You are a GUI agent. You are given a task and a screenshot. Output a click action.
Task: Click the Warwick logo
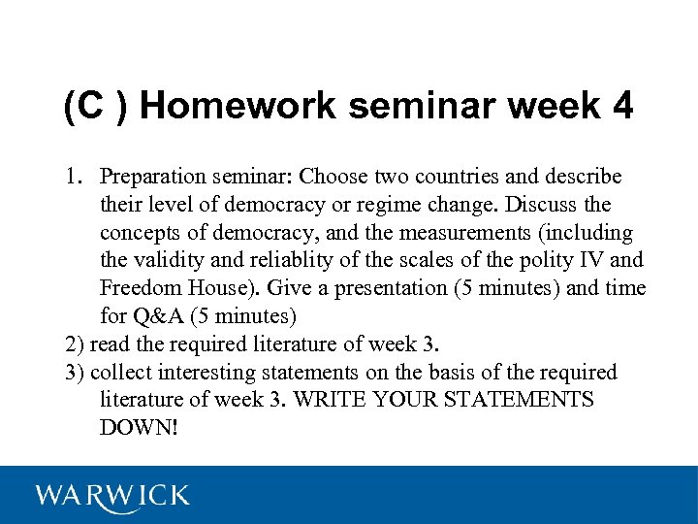[112, 496]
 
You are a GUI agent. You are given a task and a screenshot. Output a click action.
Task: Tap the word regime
[422, 206]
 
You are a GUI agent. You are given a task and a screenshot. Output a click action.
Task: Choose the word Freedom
[138, 289]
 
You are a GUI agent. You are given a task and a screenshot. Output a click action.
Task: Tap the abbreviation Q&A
[158, 316]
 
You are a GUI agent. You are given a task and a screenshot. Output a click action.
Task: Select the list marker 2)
[76, 344]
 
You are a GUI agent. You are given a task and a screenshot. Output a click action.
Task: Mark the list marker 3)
[76, 373]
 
